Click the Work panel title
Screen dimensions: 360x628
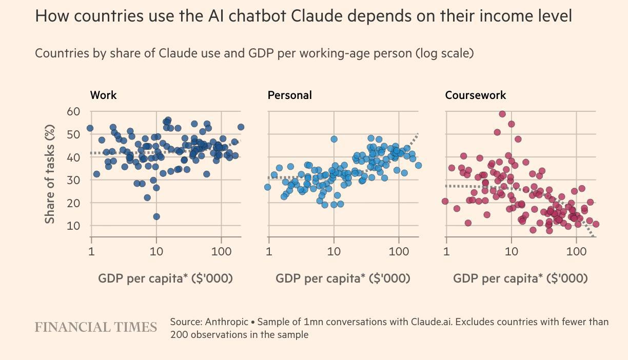point(103,95)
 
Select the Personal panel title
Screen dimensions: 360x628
point(289,95)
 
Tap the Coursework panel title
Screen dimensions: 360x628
point(475,95)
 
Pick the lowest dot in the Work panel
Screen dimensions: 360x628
point(156,216)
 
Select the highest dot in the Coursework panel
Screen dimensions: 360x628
point(502,114)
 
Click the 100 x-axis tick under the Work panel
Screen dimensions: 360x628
point(221,252)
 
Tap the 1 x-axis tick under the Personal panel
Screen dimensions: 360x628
point(269,252)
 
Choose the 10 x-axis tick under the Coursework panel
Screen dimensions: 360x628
point(511,252)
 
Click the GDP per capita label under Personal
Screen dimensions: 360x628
point(343,278)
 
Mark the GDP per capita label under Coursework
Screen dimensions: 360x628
point(520,278)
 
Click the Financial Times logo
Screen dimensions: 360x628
point(96,327)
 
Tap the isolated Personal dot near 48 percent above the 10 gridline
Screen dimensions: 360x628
point(334,139)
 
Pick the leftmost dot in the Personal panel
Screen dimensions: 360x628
point(267,187)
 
